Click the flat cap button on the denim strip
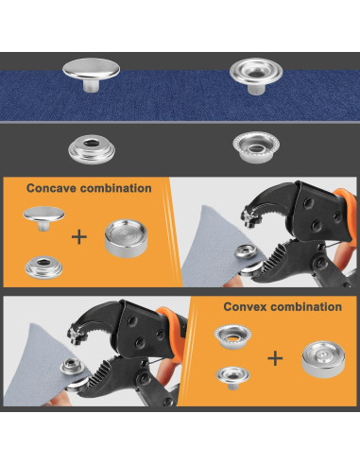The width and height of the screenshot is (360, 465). [x=91, y=75]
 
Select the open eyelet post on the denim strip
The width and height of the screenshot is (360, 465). [x=256, y=76]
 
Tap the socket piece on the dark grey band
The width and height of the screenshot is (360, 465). [x=92, y=149]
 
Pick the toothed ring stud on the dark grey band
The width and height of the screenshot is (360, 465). [x=256, y=147]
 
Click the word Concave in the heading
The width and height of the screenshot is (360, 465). [x=52, y=188]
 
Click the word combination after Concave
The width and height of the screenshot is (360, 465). [x=116, y=188]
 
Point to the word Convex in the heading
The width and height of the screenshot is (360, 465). [x=244, y=306]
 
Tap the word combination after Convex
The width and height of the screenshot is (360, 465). [x=306, y=306]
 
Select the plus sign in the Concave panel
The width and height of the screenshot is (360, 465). [x=79, y=237]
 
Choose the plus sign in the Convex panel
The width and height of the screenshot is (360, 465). [x=275, y=358]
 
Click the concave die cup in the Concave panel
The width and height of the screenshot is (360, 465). [x=126, y=238]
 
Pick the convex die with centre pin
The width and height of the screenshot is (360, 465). [x=323, y=359]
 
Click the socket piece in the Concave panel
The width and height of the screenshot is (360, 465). [x=43, y=267]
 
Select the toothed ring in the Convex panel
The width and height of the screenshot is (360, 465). [x=232, y=336]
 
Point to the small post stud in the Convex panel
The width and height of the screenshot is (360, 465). [x=232, y=377]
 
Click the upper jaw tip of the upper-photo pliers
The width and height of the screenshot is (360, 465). [x=249, y=219]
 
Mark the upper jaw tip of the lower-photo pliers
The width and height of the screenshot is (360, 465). [x=75, y=336]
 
